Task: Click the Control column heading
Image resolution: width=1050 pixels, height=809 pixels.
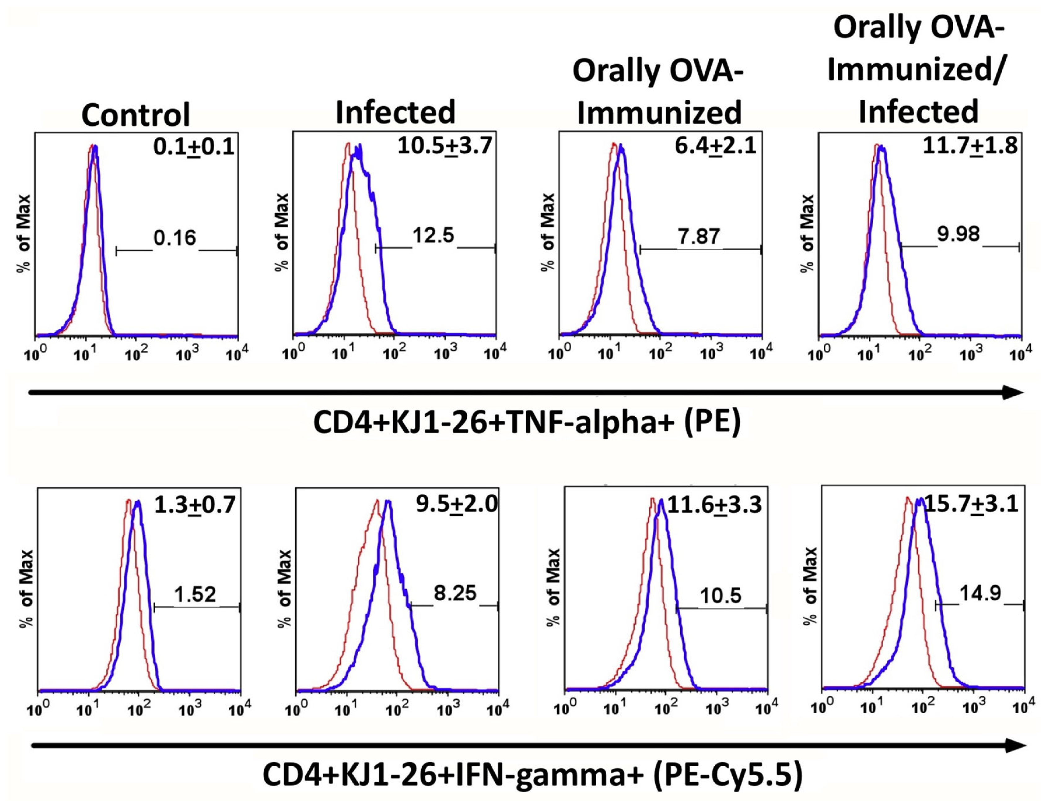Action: point(136,114)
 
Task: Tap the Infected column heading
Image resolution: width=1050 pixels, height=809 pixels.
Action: point(395,112)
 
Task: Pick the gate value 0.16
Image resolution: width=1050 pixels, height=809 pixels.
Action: point(175,238)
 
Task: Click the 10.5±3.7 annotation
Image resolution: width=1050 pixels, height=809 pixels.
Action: point(445,145)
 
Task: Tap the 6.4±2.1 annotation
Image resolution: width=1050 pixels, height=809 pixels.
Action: point(715,146)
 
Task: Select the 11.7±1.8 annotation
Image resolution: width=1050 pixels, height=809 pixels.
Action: point(970,145)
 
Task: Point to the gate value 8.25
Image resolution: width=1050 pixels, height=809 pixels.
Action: point(455,593)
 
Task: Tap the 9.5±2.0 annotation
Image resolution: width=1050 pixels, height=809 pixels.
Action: point(457,504)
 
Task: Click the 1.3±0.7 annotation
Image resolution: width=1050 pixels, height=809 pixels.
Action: point(195,504)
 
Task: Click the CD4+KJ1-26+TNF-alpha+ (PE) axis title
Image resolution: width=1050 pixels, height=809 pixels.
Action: point(527,422)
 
